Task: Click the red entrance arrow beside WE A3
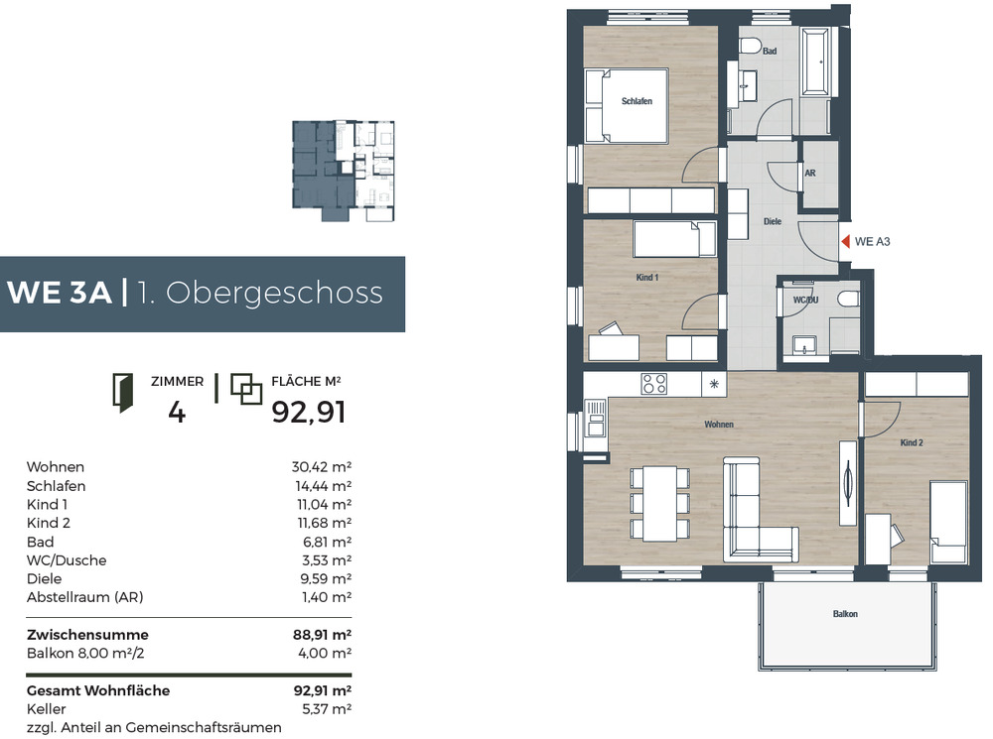[845, 241]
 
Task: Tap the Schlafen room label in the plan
[637, 101]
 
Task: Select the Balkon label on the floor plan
[845, 614]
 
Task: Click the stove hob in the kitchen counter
[653, 384]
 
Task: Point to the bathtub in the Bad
[816, 62]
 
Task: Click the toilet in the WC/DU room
[847, 299]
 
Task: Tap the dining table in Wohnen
[660, 504]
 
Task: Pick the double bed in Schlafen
[627, 105]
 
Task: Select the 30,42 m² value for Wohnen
[321, 467]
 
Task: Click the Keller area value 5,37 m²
[326, 709]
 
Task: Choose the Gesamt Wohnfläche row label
[98, 691]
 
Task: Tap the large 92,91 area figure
[309, 413]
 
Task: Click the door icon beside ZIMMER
[123, 393]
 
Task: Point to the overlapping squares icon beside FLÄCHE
[245, 389]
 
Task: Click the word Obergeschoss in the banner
[274, 293]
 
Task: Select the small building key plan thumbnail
[344, 171]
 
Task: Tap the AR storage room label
[810, 174]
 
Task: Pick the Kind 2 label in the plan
[912, 442]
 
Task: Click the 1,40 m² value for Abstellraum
[327, 597]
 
